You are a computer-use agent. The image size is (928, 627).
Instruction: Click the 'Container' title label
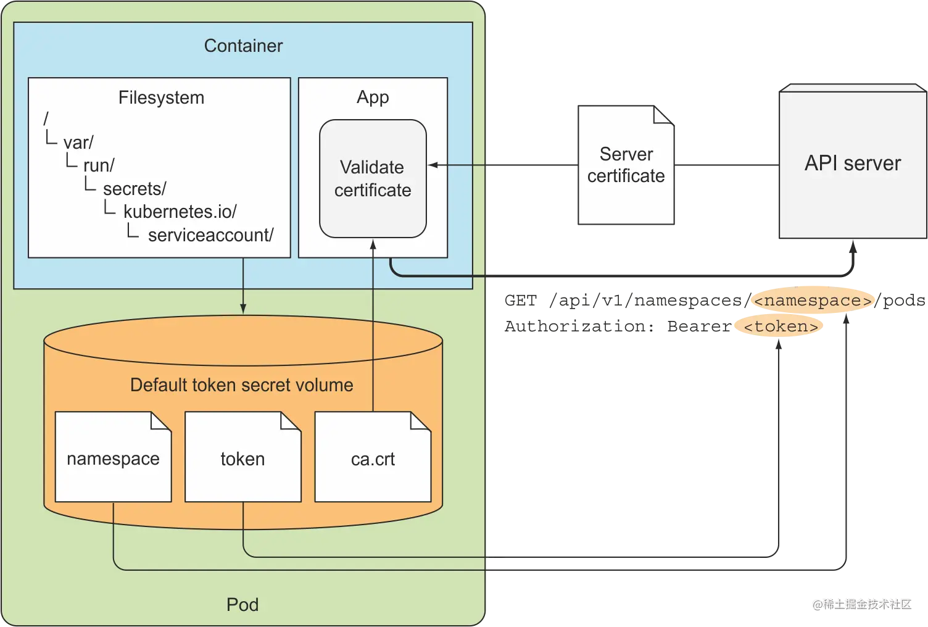(243, 46)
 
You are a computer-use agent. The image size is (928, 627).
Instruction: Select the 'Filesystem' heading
(161, 98)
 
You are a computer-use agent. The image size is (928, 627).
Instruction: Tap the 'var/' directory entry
(78, 143)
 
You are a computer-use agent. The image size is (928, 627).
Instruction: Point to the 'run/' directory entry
(99, 165)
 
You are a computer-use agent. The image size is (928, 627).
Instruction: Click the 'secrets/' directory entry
(135, 189)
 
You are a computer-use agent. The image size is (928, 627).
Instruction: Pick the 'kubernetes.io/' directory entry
(180, 212)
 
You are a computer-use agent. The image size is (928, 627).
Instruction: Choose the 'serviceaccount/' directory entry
(210, 235)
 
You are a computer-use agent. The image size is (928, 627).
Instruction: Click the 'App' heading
(373, 98)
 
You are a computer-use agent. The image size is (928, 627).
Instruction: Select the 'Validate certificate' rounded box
(373, 178)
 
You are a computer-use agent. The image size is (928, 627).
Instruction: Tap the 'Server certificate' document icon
(626, 165)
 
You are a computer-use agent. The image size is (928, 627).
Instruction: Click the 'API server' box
(852, 164)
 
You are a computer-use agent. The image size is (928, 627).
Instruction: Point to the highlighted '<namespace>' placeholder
(813, 301)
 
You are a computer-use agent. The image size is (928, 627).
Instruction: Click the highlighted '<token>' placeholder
(781, 326)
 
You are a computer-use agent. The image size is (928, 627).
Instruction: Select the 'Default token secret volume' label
(242, 385)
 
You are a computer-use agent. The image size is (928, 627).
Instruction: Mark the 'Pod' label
(242, 604)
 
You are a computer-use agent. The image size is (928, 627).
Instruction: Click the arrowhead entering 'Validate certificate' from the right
(432, 165)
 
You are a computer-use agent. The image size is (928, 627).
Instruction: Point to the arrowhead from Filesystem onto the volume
(243, 309)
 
